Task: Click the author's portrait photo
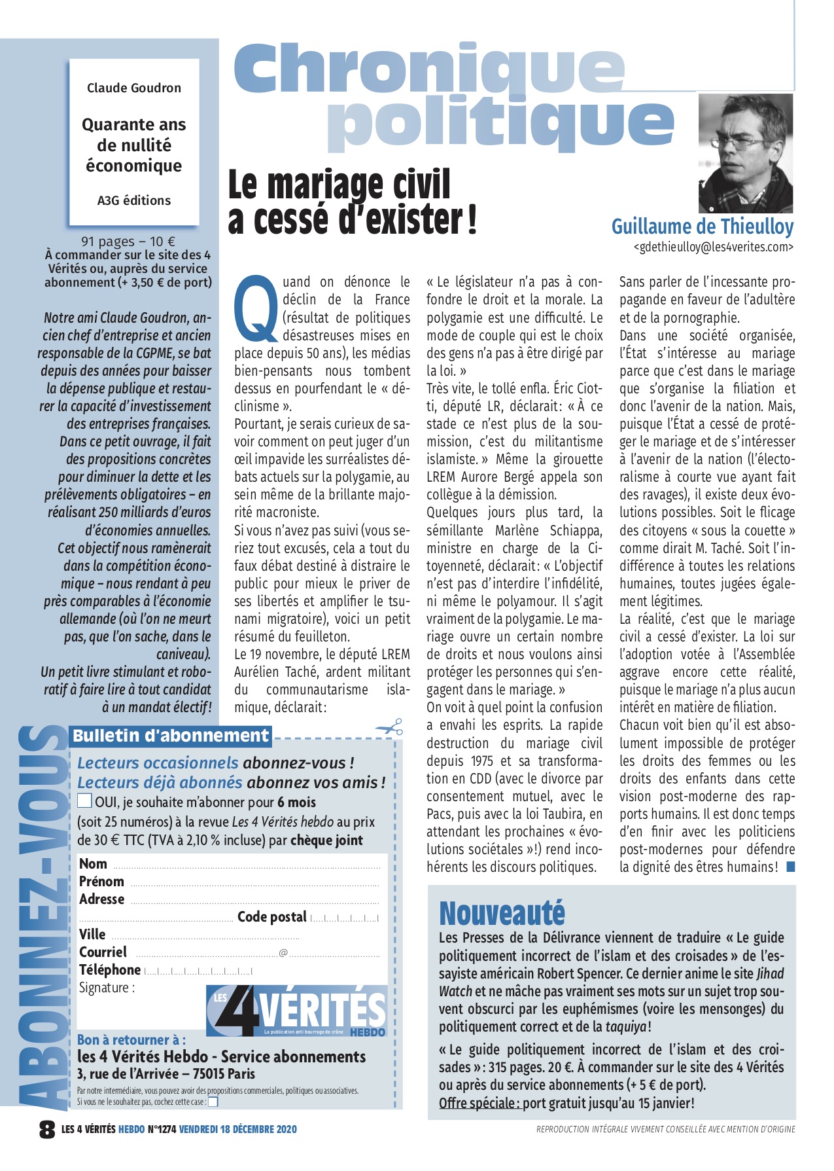746,153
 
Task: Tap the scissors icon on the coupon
390,727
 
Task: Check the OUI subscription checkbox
85,801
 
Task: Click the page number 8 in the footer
47,1129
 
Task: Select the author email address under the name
713,247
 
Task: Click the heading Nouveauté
502,912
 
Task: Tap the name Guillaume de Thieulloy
702,226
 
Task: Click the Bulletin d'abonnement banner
170,735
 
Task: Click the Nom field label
93,863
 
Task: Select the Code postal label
271,916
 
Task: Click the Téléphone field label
110,969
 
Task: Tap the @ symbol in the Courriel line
283,952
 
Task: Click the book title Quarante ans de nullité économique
134,145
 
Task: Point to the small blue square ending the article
790,867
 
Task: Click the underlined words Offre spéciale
479,1103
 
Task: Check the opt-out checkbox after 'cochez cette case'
213,1102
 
